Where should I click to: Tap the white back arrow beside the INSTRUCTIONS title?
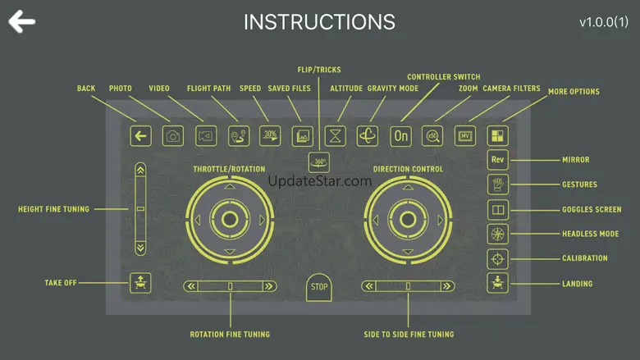pos(21,21)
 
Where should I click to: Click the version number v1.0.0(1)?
pos(604,22)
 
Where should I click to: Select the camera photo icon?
pos(172,136)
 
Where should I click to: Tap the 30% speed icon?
pos(270,136)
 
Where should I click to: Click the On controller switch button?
pos(400,136)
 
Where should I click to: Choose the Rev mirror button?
pos(497,159)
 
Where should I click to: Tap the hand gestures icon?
pos(497,185)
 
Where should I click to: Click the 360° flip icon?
pos(319,162)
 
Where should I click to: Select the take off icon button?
pos(140,283)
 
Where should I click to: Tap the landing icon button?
pos(497,283)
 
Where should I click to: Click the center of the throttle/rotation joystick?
pos(230,220)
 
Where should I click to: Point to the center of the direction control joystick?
pos(408,220)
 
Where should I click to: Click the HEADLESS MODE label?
pos(590,234)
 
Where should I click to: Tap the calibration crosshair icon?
pos(497,259)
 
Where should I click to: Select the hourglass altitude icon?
pos(335,136)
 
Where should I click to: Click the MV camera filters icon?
pos(465,136)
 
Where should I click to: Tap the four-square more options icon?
pos(497,136)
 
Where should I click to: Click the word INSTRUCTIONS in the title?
pos(320,22)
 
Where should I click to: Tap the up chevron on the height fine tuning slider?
pos(140,170)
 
